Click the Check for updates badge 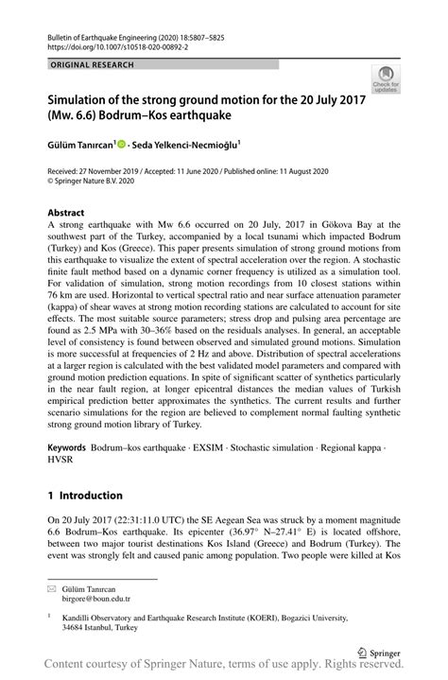point(386,78)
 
